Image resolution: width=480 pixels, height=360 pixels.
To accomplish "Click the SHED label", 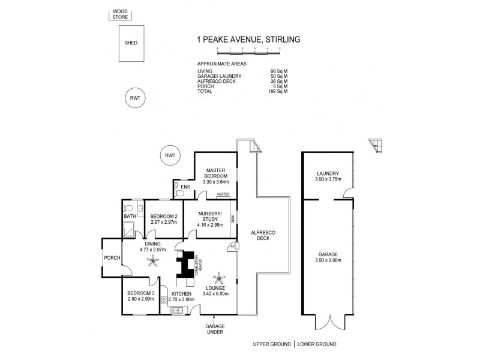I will tap(130, 43).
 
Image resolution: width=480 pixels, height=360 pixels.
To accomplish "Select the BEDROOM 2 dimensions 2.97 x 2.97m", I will tap(164, 223).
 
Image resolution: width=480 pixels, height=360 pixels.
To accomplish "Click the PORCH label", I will tap(112, 259).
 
